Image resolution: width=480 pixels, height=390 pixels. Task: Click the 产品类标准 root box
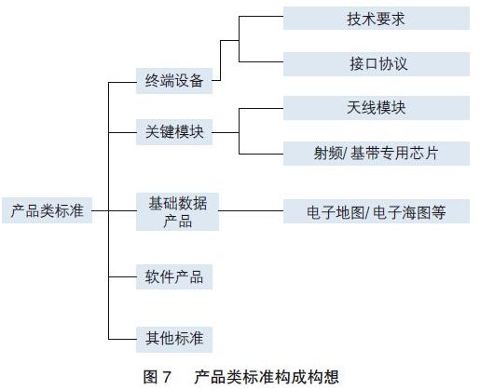coord(48,210)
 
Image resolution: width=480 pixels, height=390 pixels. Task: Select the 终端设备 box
coord(174,81)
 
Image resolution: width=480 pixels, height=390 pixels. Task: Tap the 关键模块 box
coord(174,132)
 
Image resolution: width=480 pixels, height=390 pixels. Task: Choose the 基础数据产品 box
coord(177,211)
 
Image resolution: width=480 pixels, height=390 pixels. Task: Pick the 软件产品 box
coord(174,276)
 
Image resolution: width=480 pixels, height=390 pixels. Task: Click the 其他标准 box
coord(174,339)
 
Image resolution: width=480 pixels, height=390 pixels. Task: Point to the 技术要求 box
coord(377,19)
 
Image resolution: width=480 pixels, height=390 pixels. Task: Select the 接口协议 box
coord(377,64)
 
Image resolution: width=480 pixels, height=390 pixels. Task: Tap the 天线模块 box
coord(377,108)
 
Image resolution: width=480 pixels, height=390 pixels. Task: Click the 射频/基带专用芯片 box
coord(377,154)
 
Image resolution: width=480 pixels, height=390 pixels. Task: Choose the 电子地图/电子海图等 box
coord(377,211)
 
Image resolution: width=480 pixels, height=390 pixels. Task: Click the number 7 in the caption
coord(167,377)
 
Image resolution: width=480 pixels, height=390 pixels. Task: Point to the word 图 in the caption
coord(150,377)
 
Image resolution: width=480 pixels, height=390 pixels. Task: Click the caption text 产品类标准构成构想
coord(267,377)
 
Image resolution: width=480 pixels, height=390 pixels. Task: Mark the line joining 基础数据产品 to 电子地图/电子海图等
coord(251,211)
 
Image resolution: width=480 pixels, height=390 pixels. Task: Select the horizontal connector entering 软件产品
coord(122,276)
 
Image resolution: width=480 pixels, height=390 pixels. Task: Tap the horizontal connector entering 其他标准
coord(122,339)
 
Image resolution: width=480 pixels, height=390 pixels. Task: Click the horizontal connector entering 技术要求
coord(261,17)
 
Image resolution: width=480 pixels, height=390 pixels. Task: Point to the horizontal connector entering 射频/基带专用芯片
coord(261,154)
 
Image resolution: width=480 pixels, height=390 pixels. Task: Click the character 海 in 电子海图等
coord(408,212)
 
